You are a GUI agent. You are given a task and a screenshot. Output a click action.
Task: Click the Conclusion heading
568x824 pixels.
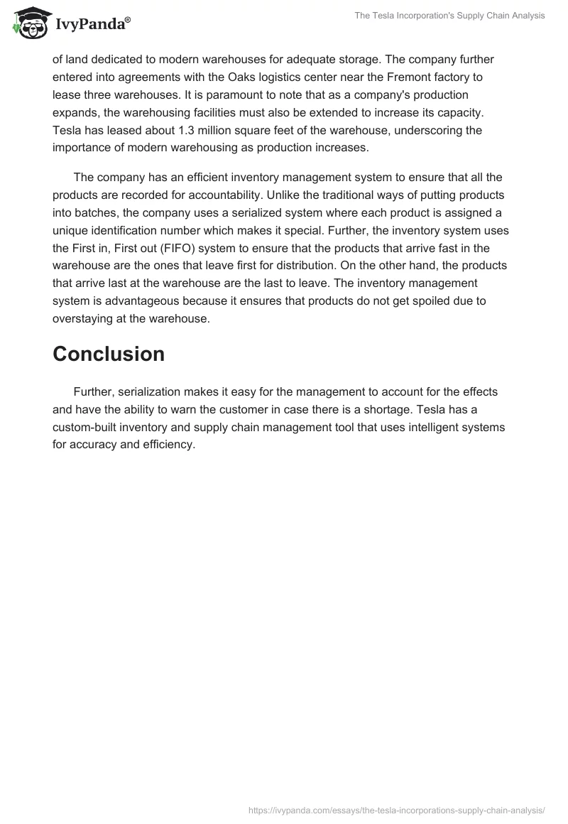pos(109,354)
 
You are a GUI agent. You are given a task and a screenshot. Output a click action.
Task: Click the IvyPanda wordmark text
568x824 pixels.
pos(92,25)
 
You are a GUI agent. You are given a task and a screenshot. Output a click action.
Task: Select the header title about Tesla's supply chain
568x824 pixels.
pos(449,16)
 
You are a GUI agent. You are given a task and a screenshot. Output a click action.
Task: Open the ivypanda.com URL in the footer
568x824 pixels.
pos(396,809)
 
